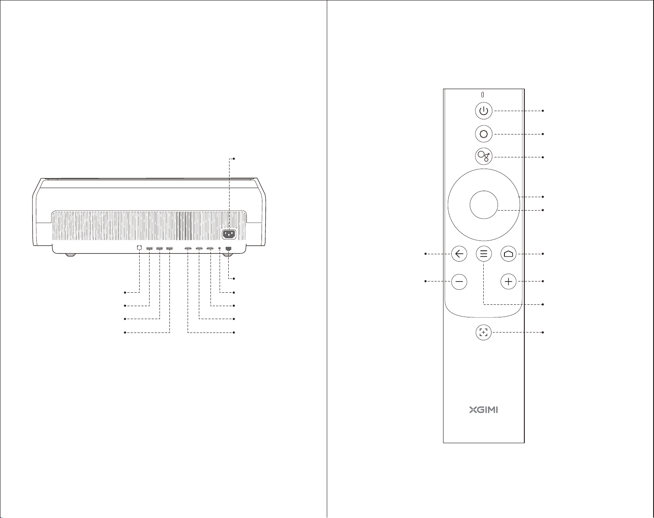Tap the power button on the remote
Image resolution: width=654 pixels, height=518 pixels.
click(484, 111)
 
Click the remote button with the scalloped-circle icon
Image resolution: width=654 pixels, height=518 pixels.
click(484, 134)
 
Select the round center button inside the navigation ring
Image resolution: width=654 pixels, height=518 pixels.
click(484, 205)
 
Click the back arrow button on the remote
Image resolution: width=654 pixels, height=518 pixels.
click(459, 253)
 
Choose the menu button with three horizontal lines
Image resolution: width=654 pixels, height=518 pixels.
click(484, 253)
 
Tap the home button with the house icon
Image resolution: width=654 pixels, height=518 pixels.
click(508, 253)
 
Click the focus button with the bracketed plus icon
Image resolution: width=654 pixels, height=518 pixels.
click(483, 332)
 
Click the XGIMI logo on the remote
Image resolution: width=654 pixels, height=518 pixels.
click(484, 410)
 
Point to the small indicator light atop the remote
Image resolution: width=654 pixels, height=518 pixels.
click(482, 95)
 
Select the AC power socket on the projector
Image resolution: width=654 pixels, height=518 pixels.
click(229, 234)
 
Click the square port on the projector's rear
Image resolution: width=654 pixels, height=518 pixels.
click(139, 247)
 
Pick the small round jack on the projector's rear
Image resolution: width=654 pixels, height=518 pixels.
click(220, 248)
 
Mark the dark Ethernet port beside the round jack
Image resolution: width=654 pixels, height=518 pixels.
click(229, 249)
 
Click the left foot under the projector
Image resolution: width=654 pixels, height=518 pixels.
click(70, 255)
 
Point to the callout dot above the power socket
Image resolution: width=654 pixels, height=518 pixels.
click(234, 159)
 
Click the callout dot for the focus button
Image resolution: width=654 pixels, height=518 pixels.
click(543, 332)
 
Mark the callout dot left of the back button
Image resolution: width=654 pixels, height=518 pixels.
click(425, 253)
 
